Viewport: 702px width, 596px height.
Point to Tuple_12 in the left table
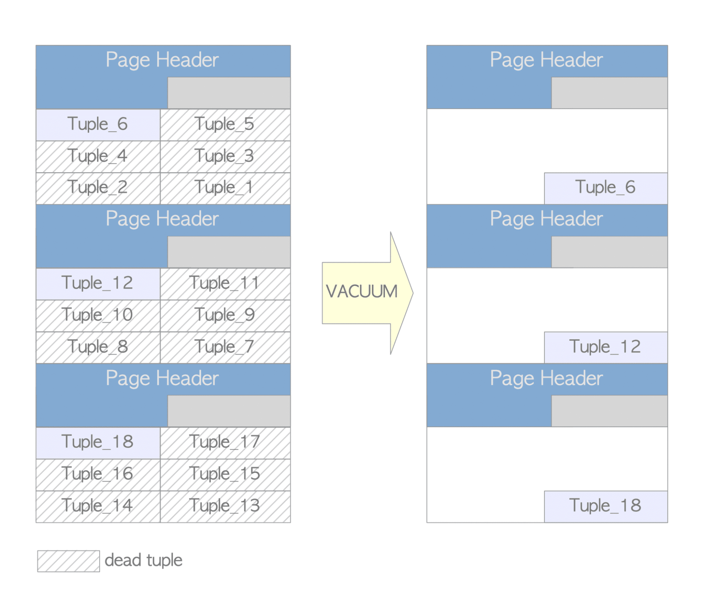98,283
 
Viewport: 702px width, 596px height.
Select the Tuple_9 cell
225,315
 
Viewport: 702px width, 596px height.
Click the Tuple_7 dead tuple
225,347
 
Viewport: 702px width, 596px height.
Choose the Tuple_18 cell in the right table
605,506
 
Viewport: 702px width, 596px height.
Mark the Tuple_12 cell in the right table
605,347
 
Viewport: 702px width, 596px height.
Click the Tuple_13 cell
225,506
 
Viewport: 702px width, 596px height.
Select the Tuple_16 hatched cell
98,474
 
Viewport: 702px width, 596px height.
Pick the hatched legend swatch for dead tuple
68,561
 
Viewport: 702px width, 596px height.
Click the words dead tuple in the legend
144,560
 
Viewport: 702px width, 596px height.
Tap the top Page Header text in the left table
162,60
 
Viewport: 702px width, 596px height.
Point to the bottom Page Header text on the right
546,379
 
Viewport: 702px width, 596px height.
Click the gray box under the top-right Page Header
609,93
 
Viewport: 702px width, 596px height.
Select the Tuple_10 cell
98,315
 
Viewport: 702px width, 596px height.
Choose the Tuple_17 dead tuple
225,443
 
